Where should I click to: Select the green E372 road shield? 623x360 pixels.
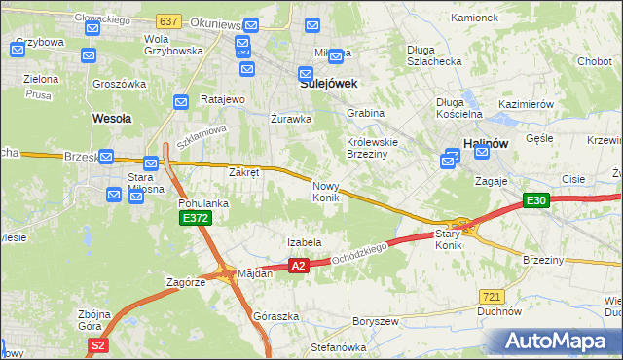tap(196, 219)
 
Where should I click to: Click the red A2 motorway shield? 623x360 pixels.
tap(298, 265)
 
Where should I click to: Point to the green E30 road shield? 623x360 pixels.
tap(535, 200)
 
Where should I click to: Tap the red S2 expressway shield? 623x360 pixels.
tap(96, 344)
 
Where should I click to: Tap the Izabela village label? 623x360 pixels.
tap(304, 242)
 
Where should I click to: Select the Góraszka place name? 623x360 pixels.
tap(275, 317)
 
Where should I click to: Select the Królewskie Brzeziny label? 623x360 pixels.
tap(375, 145)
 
